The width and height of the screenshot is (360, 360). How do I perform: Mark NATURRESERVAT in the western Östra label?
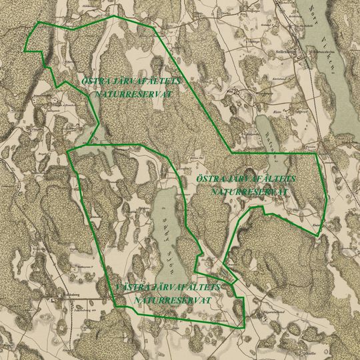click(x=134, y=94)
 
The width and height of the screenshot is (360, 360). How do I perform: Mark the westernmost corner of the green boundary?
click(x=24, y=51)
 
